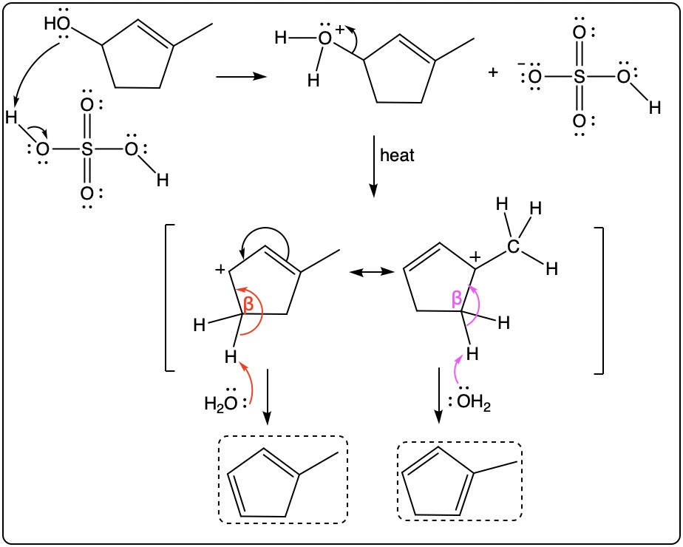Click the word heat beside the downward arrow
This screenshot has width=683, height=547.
(x=397, y=155)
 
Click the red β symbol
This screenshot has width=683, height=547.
(x=248, y=304)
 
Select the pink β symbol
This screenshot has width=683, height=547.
(x=457, y=299)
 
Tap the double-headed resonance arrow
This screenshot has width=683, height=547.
(x=372, y=272)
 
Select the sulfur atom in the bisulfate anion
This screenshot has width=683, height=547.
(x=579, y=77)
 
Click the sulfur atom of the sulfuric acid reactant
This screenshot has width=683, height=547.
(x=87, y=150)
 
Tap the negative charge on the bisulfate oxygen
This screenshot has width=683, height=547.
(x=520, y=64)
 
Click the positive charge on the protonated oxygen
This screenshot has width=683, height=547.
(x=340, y=30)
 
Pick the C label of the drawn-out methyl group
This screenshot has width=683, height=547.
(x=513, y=246)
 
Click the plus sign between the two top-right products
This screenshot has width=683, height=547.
(x=492, y=72)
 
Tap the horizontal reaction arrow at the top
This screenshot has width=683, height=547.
(x=241, y=77)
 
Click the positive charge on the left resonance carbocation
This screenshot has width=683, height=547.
(x=220, y=270)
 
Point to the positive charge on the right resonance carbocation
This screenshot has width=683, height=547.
(x=476, y=257)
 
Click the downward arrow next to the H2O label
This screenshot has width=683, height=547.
(x=268, y=397)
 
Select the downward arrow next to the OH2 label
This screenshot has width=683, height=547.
(x=439, y=395)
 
